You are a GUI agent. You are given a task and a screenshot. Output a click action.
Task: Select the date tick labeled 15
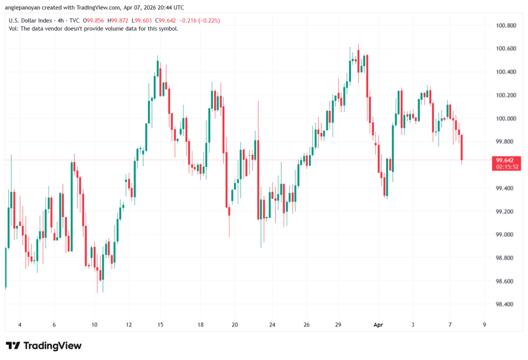click(x=161, y=325)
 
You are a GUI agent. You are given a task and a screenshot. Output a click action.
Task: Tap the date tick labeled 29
click(x=339, y=325)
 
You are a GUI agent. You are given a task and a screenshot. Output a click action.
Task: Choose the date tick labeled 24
click(x=272, y=325)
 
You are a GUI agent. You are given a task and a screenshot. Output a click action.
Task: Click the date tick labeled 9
click(x=484, y=325)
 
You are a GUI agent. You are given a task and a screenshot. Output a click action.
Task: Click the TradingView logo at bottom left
click(x=43, y=346)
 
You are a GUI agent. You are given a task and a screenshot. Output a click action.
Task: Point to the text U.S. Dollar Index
click(x=30, y=20)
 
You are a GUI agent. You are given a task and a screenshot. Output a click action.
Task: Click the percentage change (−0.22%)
click(x=205, y=20)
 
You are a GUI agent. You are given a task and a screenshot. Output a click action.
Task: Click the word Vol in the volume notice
click(x=14, y=28)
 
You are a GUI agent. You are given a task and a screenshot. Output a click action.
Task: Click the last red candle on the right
click(x=462, y=148)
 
